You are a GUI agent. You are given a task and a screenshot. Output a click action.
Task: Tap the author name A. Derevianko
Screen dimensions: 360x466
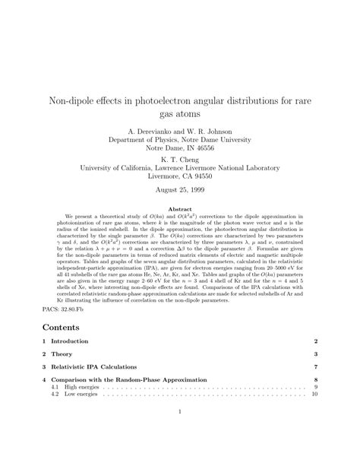point(142,131)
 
